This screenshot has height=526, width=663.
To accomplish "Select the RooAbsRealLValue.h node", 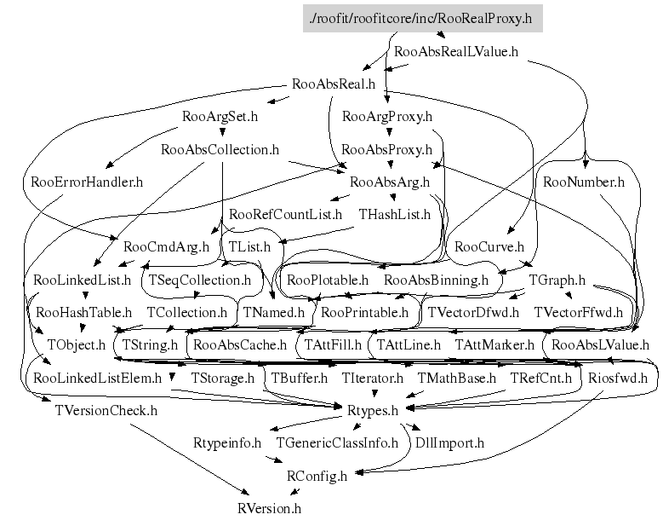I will click(x=455, y=52).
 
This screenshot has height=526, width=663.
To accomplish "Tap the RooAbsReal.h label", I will click(x=333, y=84).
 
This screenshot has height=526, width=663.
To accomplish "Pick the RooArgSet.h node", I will click(x=220, y=116).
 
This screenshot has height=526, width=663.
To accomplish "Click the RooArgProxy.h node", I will click(x=386, y=116).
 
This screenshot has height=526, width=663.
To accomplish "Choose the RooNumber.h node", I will click(x=583, y=182).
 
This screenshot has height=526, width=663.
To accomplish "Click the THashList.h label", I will click(x=394, y=214).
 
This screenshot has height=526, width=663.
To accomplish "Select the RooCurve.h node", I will click(x=489, y=247).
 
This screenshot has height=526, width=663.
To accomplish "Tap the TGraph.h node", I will click(x=557, y=280).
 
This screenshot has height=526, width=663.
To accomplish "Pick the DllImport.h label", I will click(x=449, y=442).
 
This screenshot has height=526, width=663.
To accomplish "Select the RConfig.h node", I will click(x=317, y=476).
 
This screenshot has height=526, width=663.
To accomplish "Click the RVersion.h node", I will click(x=269, y=508).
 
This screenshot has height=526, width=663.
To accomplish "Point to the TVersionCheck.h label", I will click(x=106, y=410).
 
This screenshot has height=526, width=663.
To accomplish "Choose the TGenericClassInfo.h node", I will click(x=337, y=442).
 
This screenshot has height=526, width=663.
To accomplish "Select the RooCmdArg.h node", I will click(x=166, y=247).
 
